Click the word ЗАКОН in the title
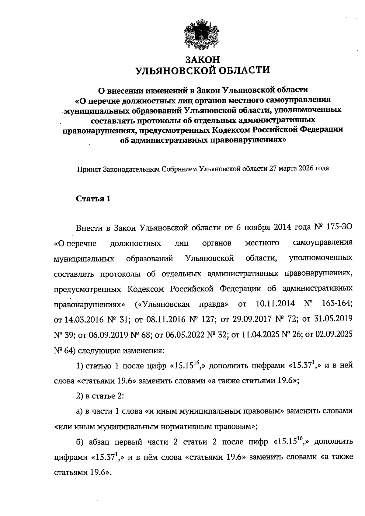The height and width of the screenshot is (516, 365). click(x=202, y=59)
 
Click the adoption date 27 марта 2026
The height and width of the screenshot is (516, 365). click(x=291, y=168)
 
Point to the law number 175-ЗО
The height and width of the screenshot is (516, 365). click(x=337, y=228)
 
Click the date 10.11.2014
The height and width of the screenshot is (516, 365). click(x=276, y=304)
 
